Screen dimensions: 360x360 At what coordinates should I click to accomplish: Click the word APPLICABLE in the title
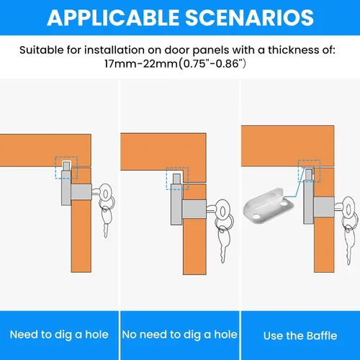pyautogui.click(x=113, y=17)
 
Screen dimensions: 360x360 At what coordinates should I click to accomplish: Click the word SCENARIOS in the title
pyautogui.click(x=249, y=17)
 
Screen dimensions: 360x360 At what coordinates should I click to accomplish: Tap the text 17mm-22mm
pyautogui.click(x=141, y=64)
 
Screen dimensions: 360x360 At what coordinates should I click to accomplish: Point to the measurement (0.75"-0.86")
pyautogui.click(x=212, y=64)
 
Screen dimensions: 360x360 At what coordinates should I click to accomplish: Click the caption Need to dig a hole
pyautogui.click(x=59, y=335)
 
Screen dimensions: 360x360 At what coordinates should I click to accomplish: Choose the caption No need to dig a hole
pyautogui.click(x=179, y=335)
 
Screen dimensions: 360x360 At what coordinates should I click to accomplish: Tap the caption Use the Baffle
pyautogui.click(x=300, y=336)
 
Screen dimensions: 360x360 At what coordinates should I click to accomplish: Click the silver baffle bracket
pyautogui.click(x=269, y=205)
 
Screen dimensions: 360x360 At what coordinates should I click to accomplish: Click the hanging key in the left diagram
pyautogui.click(x=107, y=221)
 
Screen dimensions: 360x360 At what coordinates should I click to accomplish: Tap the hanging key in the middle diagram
pyautogui.click(x=224, y=243)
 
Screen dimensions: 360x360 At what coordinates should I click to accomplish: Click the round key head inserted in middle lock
pyautogui.click(x=222, y=212)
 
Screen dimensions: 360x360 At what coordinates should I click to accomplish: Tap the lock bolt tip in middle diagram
pyautogui.click(x=177, y=179)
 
